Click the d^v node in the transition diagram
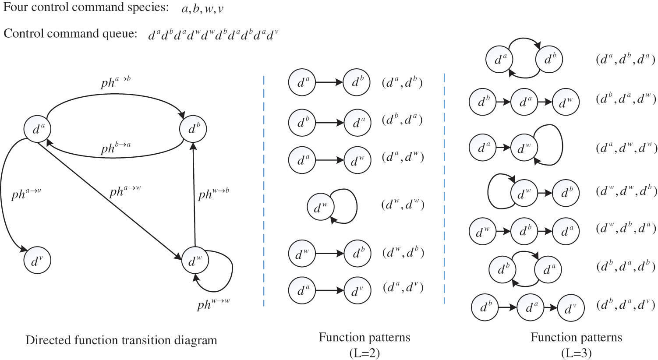(x=37, y=260)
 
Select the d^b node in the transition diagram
(x=193, y=129)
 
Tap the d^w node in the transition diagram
(x=195, y=261)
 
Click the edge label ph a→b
(x=116, y=82)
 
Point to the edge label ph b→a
(x=116, y=148)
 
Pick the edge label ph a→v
(x=26, y=194)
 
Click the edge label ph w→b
(x=213, y=194)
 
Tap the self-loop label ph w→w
(x=213, y=304)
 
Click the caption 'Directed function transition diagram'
(x=121, y=340)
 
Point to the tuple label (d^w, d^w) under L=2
(x=403, y=205)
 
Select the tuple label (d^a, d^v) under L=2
(x=403, y=287)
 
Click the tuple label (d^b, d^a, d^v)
(x=626, y=305)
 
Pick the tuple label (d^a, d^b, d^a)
(x=626, y=60)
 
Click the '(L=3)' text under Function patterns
(x=576, y=353)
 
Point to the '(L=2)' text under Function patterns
(x=364, y=353)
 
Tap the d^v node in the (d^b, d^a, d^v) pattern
(x=571, y=308)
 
